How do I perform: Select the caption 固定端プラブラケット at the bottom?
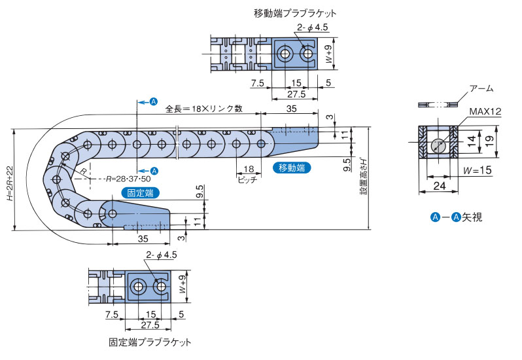point(150,342)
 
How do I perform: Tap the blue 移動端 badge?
point(291,168)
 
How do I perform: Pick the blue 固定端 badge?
point(140,192)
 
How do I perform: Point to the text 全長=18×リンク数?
point(203,109)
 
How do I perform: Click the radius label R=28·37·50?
point(128,179)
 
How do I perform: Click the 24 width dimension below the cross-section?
point(440,187)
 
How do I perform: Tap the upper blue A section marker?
point(154,101)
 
